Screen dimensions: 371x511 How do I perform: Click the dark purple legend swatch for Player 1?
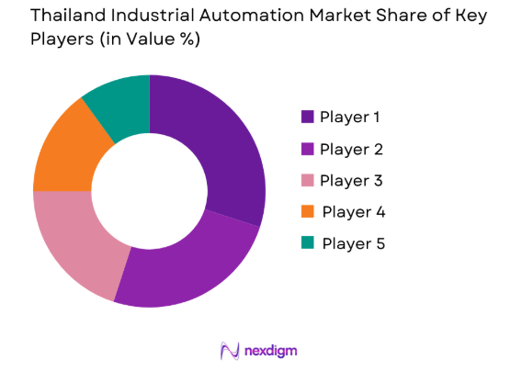click(307, 117)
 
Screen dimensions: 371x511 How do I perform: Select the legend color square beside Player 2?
click(307, 149)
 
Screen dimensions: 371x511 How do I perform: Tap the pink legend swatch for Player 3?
click(307, 180)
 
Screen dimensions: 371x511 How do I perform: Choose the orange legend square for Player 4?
click(307, 212)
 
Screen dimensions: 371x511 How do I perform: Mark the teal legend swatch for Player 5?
click(307, 243)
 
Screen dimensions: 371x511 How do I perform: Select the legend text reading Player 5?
click(353, 243)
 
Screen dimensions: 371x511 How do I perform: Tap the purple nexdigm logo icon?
click(230, 350)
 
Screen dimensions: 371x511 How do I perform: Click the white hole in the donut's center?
click(149, 190)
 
